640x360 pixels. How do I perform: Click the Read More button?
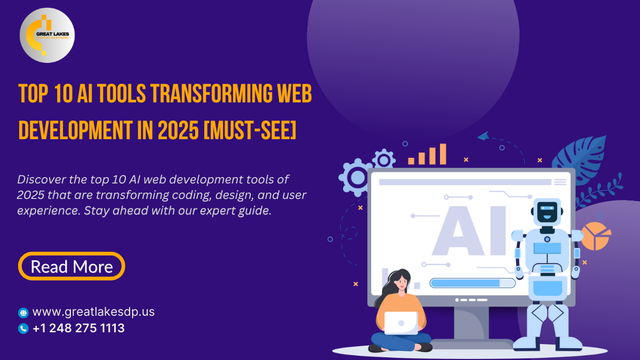(71, 266)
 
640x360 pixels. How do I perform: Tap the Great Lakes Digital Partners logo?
(47, 35)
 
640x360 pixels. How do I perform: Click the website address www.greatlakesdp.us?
(93, 311)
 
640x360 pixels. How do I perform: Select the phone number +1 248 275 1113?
(78, 328)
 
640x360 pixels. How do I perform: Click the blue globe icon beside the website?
(23, 313)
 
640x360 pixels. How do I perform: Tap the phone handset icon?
(23, 329)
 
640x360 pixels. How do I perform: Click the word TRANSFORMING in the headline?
(211, 94)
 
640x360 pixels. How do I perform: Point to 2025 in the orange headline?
(178, 130)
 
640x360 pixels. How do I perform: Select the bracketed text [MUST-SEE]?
(250, 130)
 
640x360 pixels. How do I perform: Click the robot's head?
(547, 212)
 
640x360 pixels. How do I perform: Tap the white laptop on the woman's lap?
(401, 323)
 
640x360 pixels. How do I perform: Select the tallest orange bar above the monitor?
(443, 154)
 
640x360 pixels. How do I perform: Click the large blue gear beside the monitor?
(356, 178)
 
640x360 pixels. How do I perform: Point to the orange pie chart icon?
(596, 236)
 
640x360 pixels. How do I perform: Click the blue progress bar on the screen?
(473, 283)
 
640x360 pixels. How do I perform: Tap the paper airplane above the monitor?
(483, 136)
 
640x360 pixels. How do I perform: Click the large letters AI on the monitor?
(469, 230)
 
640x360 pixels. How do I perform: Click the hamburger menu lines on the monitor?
(560, 182)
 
